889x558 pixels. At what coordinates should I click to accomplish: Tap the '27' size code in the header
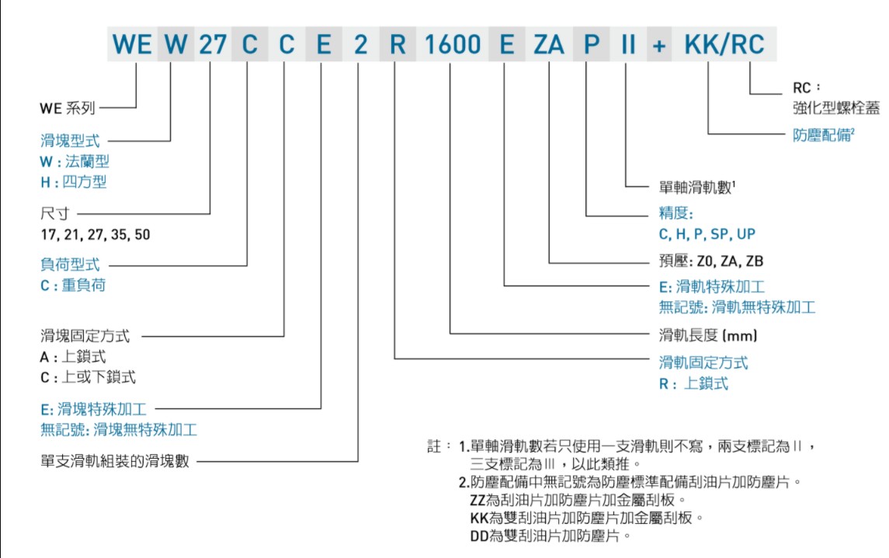point(212,44)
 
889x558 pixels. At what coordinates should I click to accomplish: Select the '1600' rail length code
point(453,44)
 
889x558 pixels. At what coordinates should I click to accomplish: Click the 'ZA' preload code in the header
point(549,44)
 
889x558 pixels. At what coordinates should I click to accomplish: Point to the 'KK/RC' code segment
point(724,44)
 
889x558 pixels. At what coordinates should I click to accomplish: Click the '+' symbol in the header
point(659,45)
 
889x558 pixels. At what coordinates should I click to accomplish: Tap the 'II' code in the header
point(627,44)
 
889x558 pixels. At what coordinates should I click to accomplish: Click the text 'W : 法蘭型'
point(75,161)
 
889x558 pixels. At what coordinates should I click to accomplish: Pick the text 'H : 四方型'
point(74,182)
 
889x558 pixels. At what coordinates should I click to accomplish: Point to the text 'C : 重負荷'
point(73,286)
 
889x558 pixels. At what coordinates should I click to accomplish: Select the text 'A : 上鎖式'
point(73,357)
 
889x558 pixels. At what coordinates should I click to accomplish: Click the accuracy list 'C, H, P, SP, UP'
point(707,234)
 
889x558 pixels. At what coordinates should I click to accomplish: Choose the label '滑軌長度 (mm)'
point(707,335)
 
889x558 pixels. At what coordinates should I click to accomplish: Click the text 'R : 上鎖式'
point(694,383)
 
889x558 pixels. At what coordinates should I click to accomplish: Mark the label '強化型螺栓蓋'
point(836,108)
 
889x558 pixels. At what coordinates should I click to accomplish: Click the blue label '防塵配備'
point(821,135)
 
